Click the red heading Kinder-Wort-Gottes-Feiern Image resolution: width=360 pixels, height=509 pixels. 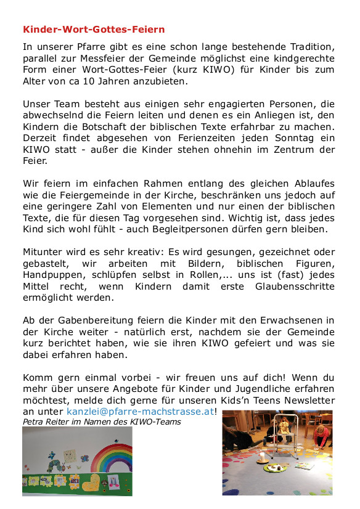point(94,29)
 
